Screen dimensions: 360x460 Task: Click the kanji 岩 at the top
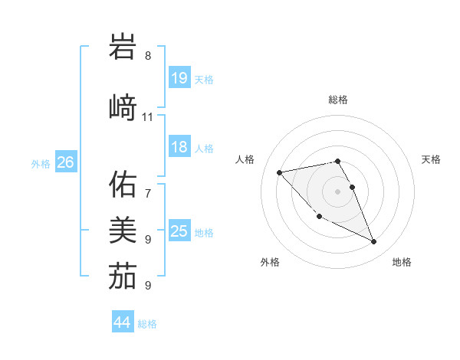(x=123, y=47)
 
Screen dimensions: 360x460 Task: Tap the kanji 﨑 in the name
(x=123, y=106)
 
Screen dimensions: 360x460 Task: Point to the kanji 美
(x=123, y=229)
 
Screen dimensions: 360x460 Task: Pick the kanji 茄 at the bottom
(x=123, y=276)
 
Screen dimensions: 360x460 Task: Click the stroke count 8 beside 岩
(x=148, y=56)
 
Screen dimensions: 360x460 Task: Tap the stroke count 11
(x=148, y=117)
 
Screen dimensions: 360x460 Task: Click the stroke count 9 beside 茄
(x=148, y=286)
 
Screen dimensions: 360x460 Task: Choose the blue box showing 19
(x=179, y=78)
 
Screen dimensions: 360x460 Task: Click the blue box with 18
(x=179, y=147)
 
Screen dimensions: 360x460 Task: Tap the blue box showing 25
(x=179, y=231)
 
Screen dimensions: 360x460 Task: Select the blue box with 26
(x=65, y=162)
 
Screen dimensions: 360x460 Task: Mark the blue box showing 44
(x=122, y=322)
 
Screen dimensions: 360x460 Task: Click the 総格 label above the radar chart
(x=337, y=100)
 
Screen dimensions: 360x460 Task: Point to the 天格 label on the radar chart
(x=432, y=159)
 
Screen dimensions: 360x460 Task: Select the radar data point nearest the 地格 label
(x=374, y=242)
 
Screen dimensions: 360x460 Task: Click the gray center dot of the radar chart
(x=337, y=191)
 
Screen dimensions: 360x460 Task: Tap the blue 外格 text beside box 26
(x=41, y=163)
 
